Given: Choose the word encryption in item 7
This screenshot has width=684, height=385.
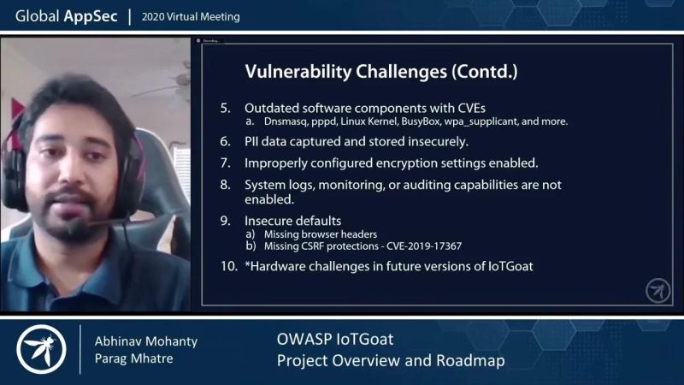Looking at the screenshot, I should click(x=408, y=162).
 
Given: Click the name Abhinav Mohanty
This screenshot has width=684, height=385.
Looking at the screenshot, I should click(x=145, y=341).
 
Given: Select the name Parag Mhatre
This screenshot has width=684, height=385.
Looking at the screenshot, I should click(x=133, y=358).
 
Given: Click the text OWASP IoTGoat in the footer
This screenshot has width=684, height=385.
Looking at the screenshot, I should click(x=334, y=340).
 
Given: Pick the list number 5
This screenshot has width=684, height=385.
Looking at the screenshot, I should click(x=226, y=108).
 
